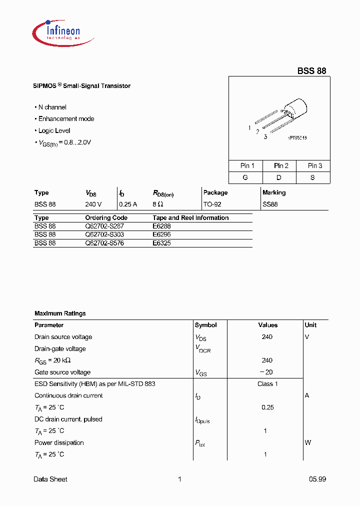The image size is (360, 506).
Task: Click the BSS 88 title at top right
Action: pos(311,71)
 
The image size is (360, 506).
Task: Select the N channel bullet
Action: pos(52,107)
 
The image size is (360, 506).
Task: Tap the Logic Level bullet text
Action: pos(54,130)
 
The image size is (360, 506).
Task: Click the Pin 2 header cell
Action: pos(281,165)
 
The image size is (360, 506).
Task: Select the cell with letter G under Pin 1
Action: pos(245,177)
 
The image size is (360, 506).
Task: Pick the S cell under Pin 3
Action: pos(312,177)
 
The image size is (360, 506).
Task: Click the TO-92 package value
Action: pos(212,204)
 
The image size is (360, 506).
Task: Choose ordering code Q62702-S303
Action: pos(104,234)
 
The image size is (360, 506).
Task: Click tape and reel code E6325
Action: pos(161,242)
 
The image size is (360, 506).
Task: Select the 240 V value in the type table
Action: pos(93,204)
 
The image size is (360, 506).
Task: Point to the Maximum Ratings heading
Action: pos(60,313)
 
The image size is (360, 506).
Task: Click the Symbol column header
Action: pos(205,325)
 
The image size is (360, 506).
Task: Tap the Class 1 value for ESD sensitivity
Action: pos(267,384)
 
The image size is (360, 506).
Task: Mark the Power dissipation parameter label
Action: pos(59,442)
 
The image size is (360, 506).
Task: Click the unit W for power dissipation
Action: pos(307,442)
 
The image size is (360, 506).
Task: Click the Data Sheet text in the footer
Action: pos(50,479)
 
